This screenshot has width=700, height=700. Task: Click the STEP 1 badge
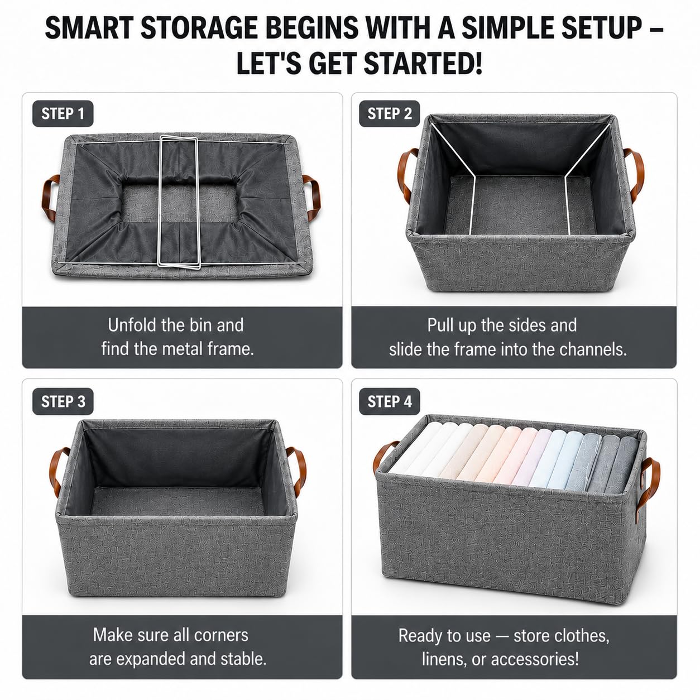pos(63,114)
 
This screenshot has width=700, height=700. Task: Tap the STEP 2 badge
pos(390,114)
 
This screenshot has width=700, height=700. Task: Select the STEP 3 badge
pos(63,402)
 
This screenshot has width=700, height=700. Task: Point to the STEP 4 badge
pos(390,402)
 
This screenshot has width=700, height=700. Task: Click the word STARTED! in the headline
pos(423,63)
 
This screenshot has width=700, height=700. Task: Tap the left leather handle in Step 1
pos(50,198)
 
